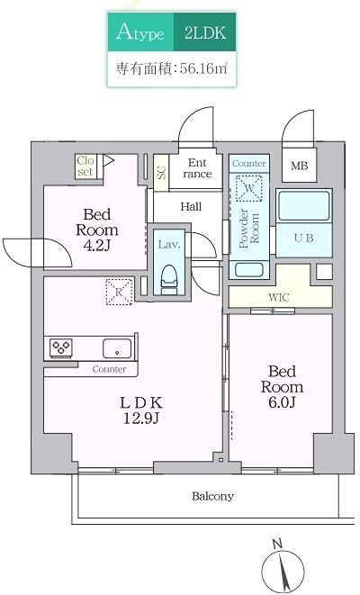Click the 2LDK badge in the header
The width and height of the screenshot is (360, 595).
point(204,34)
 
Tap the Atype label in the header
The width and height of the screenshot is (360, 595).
point(139,34)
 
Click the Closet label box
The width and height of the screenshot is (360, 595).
point(85,166)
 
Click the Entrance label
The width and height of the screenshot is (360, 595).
point(197,168)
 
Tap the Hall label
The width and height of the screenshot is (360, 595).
point(190,206)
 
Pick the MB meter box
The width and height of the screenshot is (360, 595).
point(298,166)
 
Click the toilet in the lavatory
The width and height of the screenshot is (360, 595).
point(169,276)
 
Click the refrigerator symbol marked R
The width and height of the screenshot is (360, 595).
point(118,290)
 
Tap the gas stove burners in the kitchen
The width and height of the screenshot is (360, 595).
point(62,347)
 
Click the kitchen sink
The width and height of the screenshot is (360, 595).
point(117,348)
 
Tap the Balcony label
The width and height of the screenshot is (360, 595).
point(212,496)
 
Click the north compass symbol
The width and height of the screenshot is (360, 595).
point(283,567)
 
